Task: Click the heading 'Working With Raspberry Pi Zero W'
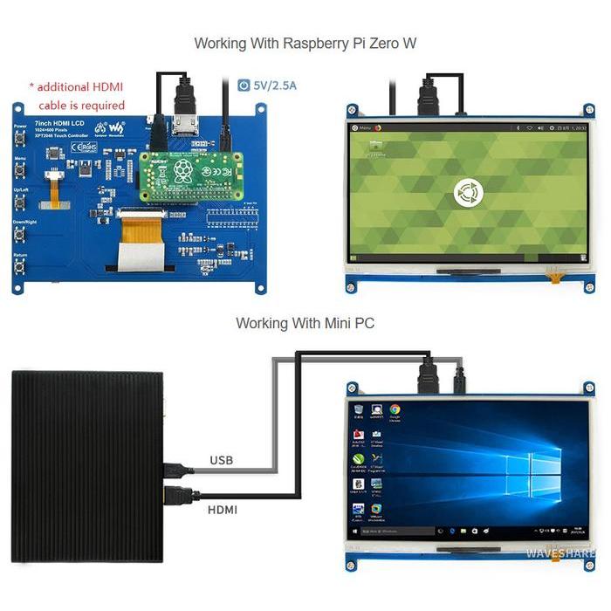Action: point(305,43)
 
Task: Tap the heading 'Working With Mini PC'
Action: point(305,323)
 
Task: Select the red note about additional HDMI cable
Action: point(77,95)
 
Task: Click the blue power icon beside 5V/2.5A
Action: point(244,86)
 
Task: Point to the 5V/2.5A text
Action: point(275,86)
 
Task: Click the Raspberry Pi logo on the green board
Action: point(183,169)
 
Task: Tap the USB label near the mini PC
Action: point(221,460)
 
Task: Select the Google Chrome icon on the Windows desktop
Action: point(395,409)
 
